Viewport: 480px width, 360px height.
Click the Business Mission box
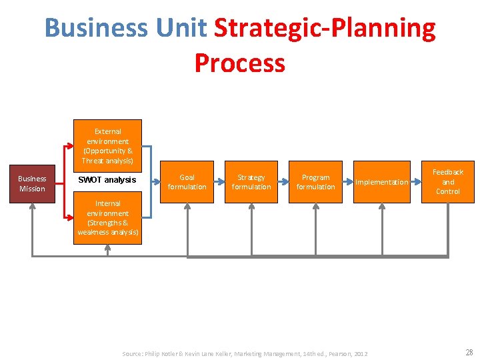coord(32,183)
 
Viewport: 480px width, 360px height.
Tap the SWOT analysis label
coord(107,180)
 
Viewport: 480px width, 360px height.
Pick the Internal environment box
coord(108,218)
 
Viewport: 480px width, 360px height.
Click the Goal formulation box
coord(187,182)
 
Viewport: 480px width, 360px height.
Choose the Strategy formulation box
coord(251,182)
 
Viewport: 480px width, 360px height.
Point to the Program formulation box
coord(315,182)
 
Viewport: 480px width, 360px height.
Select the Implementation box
coord(381,182)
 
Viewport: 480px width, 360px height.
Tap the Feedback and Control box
coord(448,181)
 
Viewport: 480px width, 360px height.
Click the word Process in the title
coord(240,63)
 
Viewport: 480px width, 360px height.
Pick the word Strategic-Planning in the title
coord(325,29)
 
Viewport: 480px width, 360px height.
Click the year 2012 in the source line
coord(360,353)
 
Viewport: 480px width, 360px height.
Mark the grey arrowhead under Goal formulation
coord(187,206)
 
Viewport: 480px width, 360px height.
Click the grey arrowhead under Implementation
coord(381,206)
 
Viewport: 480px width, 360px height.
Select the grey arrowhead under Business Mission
coord(32,206)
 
